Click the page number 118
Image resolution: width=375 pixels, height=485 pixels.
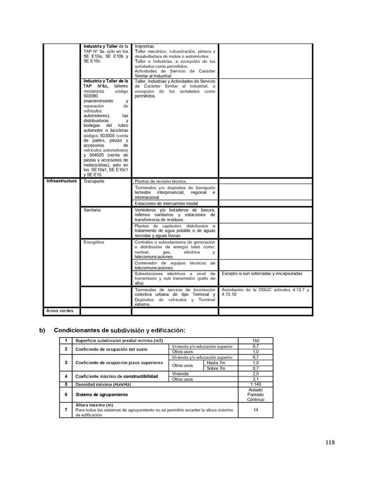click(x=330, y=442)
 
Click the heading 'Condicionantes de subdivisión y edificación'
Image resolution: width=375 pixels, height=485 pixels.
click(x=120, y=330)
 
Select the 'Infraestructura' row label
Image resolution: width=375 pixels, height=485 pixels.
click(x=61, y=181)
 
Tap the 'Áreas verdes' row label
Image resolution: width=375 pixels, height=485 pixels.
click(x=59, y=311)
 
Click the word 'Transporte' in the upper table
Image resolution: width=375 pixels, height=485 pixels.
click(x=94, y=181)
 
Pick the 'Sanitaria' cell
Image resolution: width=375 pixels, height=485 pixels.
click(x=93, y=211)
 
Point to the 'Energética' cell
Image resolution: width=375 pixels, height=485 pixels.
click(x=94, y=242)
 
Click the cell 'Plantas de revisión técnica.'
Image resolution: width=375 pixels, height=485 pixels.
click(x=161, y=181)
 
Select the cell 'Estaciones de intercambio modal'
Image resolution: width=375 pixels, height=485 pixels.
click(x=166, y=204)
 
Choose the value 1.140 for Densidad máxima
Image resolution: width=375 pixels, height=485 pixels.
click(x=255, y=384)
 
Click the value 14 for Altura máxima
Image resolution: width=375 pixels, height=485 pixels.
click(x=255, y=409)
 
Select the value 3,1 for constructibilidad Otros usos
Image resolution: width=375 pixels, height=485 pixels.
click(x=255, y=379)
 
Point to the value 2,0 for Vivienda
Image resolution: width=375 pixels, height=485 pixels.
click(x=255, y=374)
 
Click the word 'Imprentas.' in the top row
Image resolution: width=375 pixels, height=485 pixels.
click(x=145, y=46)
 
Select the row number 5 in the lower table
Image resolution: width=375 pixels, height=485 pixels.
click(x=66, y=384)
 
